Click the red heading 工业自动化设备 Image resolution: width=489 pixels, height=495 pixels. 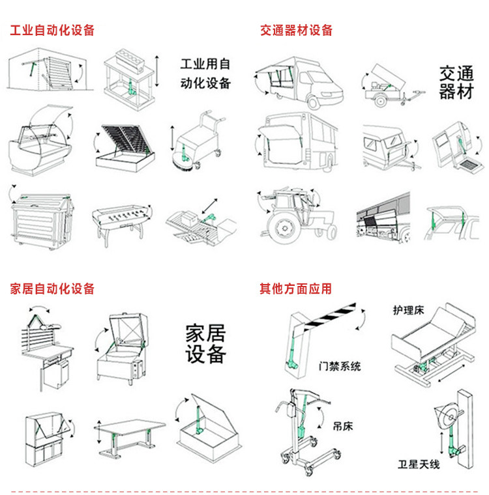point(52,31)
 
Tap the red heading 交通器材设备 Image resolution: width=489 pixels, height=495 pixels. point(297,31)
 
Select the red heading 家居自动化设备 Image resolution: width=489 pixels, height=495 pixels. point(52,289)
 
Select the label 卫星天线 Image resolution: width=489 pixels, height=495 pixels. point(419,464)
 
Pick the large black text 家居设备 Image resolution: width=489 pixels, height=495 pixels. point(205,344)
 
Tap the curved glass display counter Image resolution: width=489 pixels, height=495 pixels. point(39,143)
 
